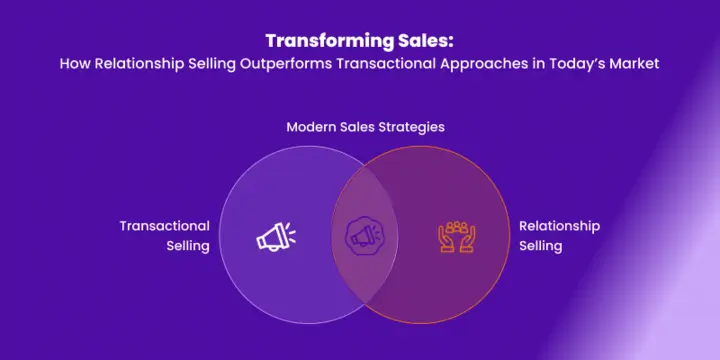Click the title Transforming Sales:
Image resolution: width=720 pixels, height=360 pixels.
tap(359, 41)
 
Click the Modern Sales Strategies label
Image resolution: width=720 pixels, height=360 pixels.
tap(365, 128)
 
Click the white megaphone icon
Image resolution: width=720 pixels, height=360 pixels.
tap(273, 236)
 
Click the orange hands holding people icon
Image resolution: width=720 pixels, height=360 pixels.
tap(457, 236)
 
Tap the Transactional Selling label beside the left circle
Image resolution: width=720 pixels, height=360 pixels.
tap(166, 236)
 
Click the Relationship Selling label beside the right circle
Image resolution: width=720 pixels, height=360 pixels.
tap(558, 236)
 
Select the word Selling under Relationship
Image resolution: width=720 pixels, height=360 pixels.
tap(541, 246)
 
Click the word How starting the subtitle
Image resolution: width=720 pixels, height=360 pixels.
tap(73, 63)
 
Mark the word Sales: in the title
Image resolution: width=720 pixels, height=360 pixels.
tap(425, 41)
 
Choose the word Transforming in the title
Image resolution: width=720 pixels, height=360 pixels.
tap(328, 41)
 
